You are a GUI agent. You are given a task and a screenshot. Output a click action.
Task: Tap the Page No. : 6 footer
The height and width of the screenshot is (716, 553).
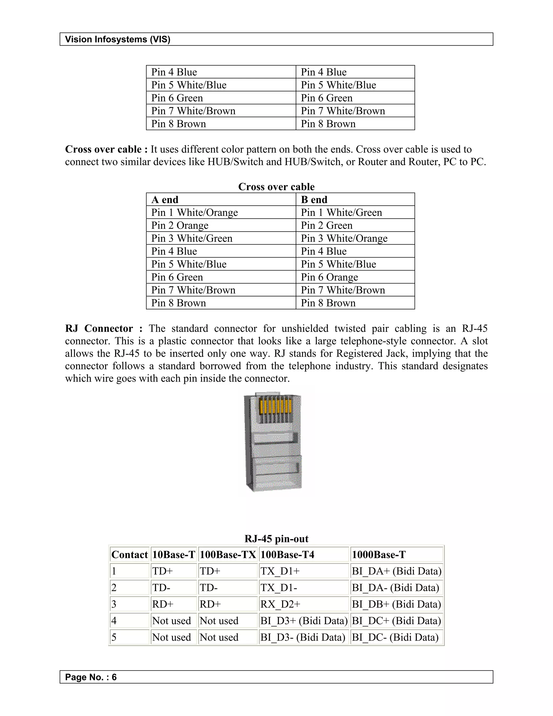pos(91,677)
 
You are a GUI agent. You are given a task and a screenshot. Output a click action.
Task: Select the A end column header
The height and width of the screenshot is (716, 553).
pos(165,199)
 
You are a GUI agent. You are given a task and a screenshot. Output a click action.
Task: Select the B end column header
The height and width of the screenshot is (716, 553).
pos(314,199)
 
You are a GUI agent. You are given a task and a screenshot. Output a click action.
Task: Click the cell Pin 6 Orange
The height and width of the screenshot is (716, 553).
pos(329,277)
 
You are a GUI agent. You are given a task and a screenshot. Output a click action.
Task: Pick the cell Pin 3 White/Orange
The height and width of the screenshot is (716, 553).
pos(344,238)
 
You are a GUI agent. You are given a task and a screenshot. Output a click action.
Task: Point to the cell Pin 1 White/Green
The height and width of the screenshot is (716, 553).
pos(341,212)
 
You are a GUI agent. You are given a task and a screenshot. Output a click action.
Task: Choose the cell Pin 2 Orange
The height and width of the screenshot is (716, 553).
pos(180,226)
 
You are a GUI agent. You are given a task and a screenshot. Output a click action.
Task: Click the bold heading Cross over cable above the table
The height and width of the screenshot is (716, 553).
pos(276,186)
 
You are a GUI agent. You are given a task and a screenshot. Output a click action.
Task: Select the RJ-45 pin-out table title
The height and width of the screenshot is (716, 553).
pos(276,539)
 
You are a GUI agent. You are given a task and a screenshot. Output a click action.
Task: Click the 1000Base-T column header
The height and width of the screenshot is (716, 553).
pos(378,555)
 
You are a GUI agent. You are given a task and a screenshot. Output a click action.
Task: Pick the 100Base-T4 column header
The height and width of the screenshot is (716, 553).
pos(287,555)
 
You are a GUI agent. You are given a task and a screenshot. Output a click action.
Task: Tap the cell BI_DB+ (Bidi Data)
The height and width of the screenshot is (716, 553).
pos(396,604)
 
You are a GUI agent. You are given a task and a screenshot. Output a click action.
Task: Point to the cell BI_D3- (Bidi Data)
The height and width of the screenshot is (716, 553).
pos(303,637)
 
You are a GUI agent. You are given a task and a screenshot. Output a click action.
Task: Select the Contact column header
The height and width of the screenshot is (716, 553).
pos(129,555)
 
